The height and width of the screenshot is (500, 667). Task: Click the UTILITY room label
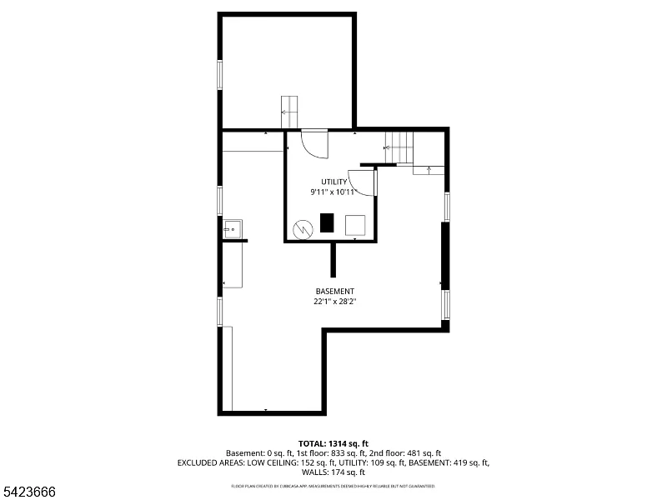pyautogui.click(x=333, y=182)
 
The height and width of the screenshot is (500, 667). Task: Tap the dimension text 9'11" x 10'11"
pyautogui.click(x=333, y=192)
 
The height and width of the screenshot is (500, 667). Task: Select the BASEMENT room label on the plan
pyautogui.click(x=334, y=291)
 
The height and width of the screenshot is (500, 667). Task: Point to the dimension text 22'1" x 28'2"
pyautogui.click(x=334, y=302)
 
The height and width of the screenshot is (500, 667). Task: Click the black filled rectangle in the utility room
pyautogui.click(x=327, y=223)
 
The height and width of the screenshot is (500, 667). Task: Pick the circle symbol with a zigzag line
pyautogui.click(x=301, y=227)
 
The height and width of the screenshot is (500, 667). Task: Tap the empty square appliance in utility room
pyautogui.click(x=356, y=224)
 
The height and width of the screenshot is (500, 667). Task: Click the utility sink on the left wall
pyautogui.click(x=233, y=227)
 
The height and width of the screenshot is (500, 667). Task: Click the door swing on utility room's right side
pyautogui.click(x=362, y=182)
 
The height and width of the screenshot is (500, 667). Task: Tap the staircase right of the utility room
pyautogui.click(x=399, y=148)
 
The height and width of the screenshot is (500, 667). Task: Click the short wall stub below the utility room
pyautogui.click(x=333, y=260)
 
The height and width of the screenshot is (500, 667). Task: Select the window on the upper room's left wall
pyautogui.click(x=220, y=74)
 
